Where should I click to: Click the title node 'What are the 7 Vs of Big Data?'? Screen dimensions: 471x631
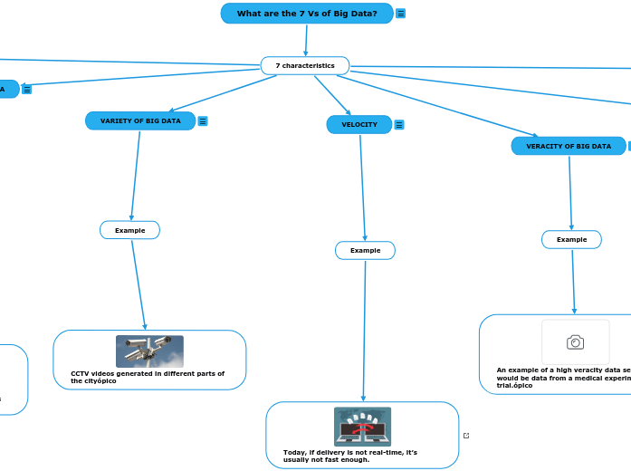[307, 14]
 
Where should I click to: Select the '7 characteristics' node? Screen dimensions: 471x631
[305, 66]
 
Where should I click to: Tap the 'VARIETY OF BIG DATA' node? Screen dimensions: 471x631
[140, 120]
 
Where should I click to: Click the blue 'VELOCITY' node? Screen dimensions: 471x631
[359, 125]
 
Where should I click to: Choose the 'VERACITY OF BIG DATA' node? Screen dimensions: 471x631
[569, 146]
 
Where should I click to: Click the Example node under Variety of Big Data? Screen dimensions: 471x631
[129, 230]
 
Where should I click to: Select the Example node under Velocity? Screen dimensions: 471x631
[365, 250]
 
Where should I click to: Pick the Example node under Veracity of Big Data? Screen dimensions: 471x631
[571, 239]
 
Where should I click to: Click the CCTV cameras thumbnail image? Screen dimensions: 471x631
[149, 351]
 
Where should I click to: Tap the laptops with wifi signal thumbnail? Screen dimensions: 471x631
[362, 427]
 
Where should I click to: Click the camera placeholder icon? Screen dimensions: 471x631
[575, 341]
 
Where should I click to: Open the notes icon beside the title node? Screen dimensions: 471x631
[401, 14]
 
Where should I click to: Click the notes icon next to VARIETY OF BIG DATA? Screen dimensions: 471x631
[203, 121]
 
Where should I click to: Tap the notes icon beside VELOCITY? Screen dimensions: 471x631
[399, 125]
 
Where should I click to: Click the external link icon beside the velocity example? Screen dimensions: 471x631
[466, 436]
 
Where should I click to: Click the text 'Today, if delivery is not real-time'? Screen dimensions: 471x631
[349, 452]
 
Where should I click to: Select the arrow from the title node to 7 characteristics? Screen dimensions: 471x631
[306, 40]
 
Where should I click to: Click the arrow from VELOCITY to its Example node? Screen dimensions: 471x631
[362, 186]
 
